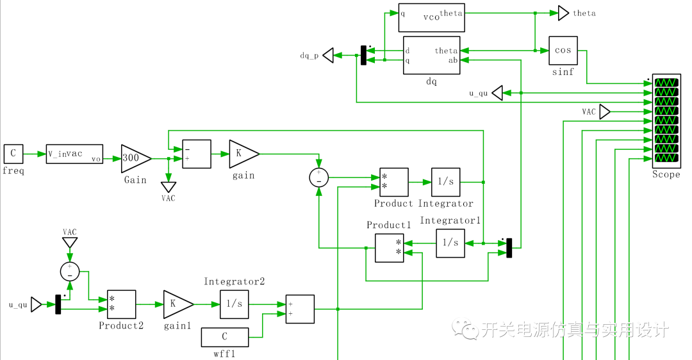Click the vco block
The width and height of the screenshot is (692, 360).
(x=432, y=18)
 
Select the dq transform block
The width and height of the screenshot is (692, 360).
(x=432, y=56)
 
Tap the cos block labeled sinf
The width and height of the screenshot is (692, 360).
(x=563, y=51)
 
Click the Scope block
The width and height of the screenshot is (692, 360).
(x=666, y=120)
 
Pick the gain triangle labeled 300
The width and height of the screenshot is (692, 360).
(x=136, y=159)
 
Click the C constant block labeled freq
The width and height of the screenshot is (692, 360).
(x=13, y=154)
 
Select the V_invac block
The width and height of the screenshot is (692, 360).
(x=74, y=154)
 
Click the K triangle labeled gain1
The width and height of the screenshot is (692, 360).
(x=178, y=304)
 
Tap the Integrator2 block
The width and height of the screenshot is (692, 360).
(x=235, y=304)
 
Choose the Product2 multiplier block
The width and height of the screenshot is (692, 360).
(x=121, y=304)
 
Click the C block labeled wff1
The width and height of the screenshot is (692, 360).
(x=225, y=337)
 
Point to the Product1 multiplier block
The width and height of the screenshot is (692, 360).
(x=390, y=248)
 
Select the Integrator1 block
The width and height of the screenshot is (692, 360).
(x=450, y=243)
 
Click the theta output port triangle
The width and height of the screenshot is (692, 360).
(x=564, y=13)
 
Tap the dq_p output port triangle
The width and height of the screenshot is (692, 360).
(x=328, y=56)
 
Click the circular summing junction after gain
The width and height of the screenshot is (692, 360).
(x=319, y=178)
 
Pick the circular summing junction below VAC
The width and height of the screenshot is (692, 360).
(x=70, y=272)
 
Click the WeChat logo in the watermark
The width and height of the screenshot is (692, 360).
(x=465, y=328)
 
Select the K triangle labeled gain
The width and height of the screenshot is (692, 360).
(x=244, y=154)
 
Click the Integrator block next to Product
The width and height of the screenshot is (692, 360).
(x=446, y=182)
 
